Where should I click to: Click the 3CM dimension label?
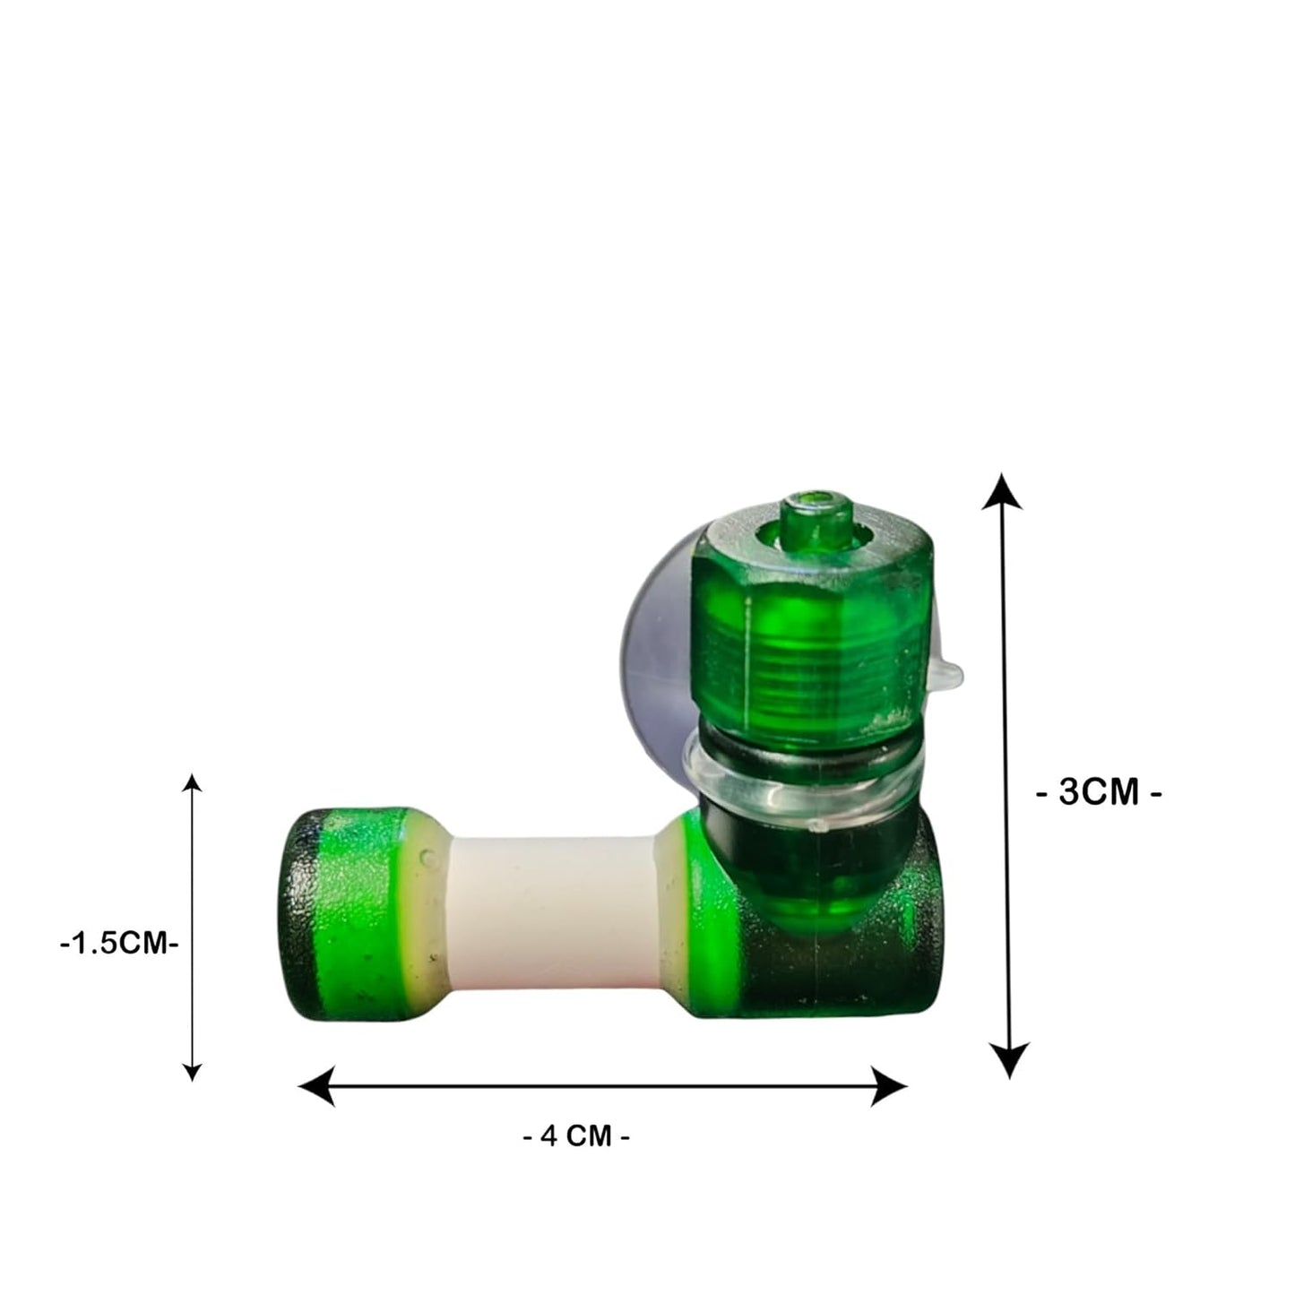1099,793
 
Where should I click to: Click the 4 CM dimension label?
576,1136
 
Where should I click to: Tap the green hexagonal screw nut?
811,583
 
